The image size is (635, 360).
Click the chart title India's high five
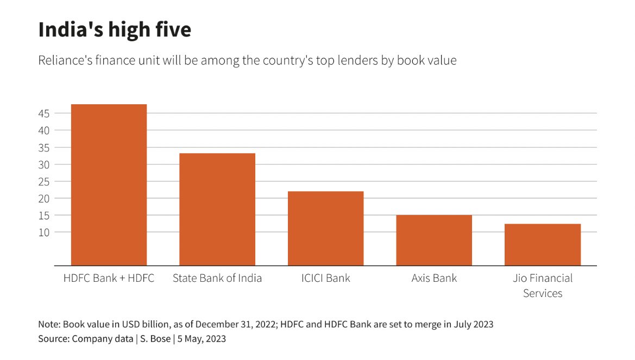115,30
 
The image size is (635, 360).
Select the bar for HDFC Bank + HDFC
109,185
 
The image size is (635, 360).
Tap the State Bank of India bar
217,209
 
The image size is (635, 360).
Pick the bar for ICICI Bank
325,228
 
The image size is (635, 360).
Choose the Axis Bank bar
434,240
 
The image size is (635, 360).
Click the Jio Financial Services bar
543,244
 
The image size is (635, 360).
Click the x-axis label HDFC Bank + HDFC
109,278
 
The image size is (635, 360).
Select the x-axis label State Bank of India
217,278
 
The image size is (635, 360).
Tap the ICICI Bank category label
325,278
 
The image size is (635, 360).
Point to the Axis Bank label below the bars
434,278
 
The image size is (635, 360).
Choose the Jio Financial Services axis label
543,286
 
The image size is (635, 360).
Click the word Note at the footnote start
48,325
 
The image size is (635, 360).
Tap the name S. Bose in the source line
155,339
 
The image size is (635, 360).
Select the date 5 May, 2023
202,339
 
